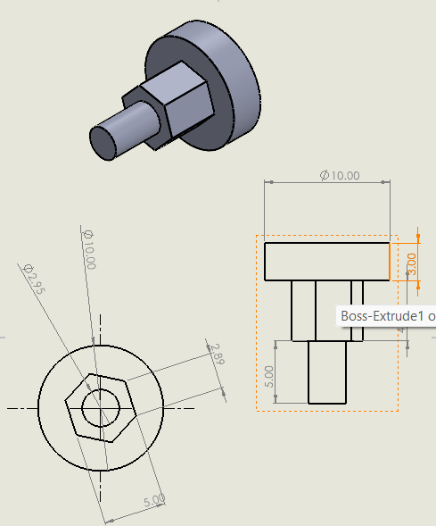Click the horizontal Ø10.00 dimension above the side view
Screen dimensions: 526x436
coord(340,176)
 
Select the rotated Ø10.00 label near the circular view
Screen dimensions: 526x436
coord(88,249)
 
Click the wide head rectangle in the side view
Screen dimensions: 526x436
coord(327,261)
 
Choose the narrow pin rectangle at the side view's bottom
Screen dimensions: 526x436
coord(326,372)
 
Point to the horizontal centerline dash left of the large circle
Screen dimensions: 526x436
coord(20,408)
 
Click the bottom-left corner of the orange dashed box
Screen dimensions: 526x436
coord(258,411)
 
